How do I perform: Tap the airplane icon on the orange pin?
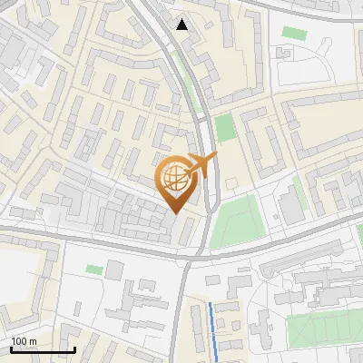tap(199, 165)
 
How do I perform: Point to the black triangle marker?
tap(183, 25)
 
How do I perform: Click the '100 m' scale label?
tap(24, 341)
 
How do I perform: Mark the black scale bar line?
tap(43, 350)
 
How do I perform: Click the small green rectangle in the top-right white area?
tap(293, 33)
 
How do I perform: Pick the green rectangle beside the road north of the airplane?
tap(224, 127)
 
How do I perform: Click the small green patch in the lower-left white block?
tap(94, 270)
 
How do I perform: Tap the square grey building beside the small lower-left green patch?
tap(115, 270)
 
